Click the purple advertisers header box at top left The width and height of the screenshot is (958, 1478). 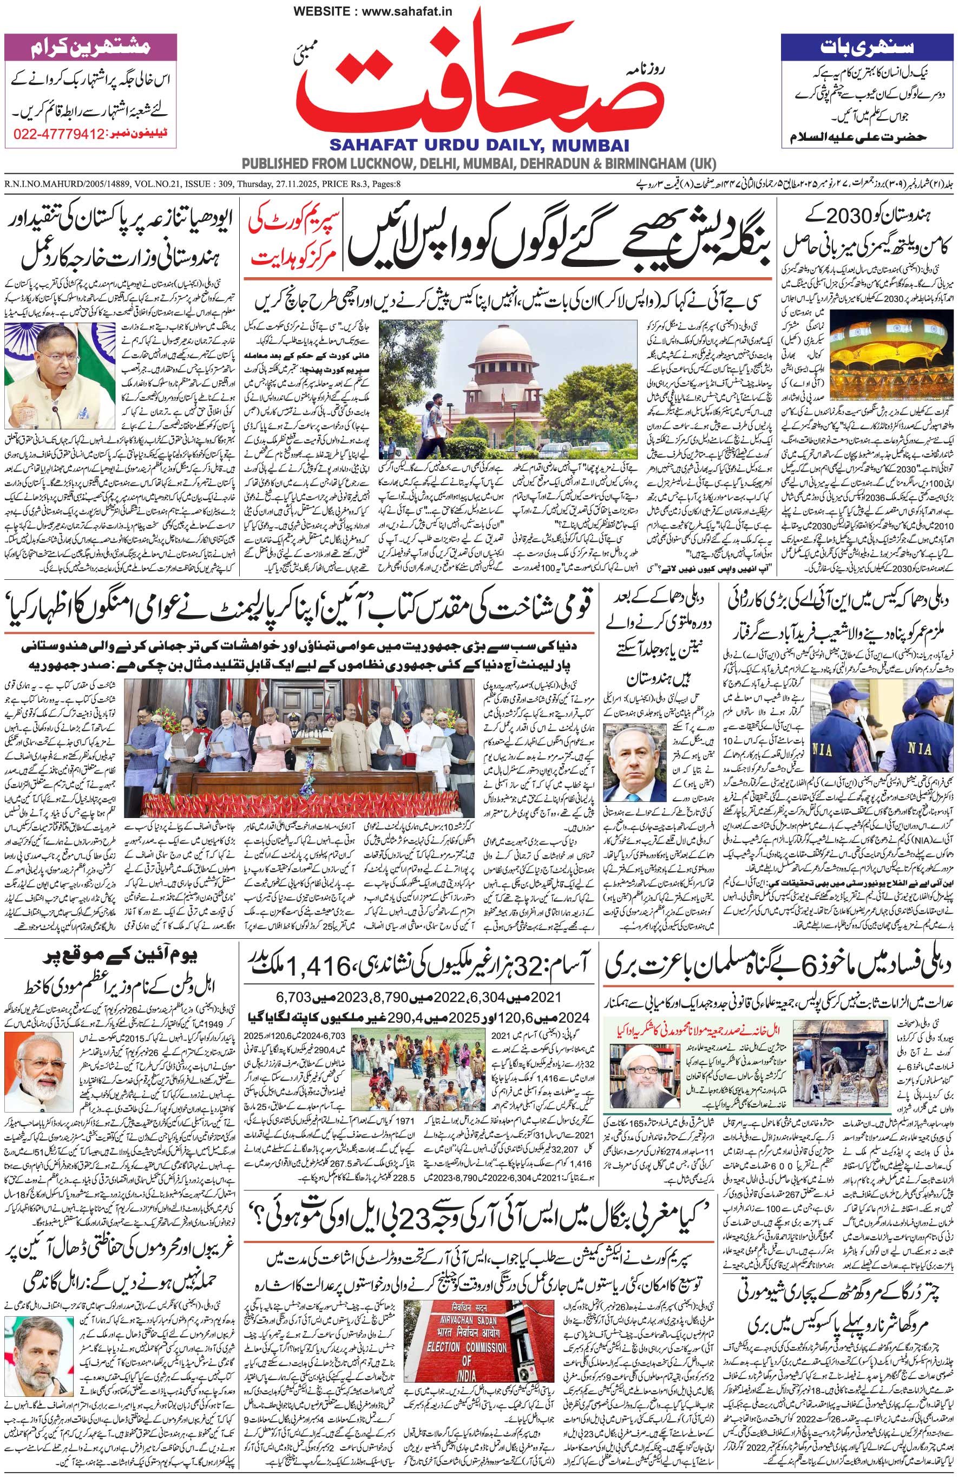[x=90, y=47]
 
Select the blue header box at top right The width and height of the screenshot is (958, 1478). [x=866, y=47]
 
